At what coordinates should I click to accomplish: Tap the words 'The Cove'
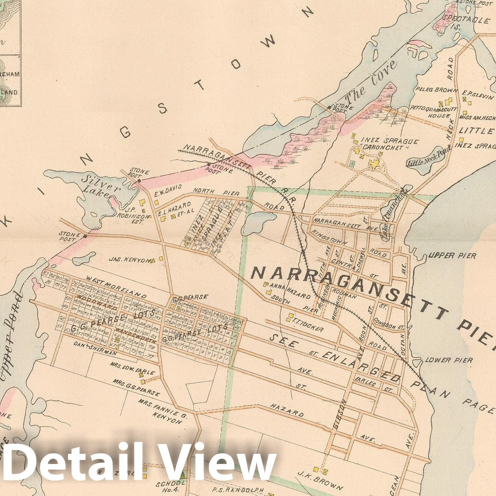click(371, 80)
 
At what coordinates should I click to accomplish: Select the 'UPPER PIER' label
click(452, 256)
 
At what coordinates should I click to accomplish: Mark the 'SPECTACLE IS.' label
click(465, 23)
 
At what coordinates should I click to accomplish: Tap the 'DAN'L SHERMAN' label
click(95, 349)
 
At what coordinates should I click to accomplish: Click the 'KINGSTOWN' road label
click(329, 237)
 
